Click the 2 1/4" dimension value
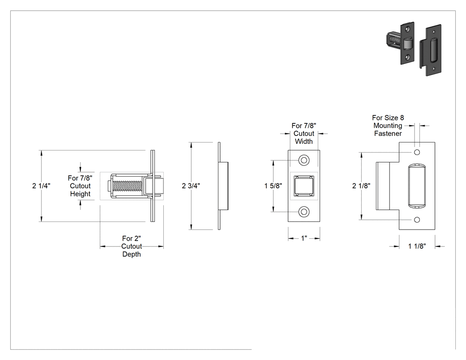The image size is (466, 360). pos(41,186)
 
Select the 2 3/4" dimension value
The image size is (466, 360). pos(191,186)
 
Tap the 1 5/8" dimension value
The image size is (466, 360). pos(273,186)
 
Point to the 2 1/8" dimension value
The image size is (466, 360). pos(361,186)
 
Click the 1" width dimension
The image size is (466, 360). pos(304,238)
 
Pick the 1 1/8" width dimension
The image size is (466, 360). pos(417,246)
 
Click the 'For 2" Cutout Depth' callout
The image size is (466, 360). pos(131,246)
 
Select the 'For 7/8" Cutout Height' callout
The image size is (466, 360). pos(80,186)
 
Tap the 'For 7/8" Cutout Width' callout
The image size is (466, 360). pos(304,134)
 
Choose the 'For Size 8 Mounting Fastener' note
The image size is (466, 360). pos(388,126)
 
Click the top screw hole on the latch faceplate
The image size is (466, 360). pos(304,160)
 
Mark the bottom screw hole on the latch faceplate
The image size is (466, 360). pos(304,212)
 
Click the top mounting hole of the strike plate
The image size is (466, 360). pos(417,152)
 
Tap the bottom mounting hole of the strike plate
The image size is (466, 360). pos(417,220)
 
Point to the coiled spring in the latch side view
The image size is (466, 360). pos(128,186)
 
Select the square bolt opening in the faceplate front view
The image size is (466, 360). pos(304,186)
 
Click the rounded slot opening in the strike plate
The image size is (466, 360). pos(417,186)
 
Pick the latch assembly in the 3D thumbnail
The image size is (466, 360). pos(400,43)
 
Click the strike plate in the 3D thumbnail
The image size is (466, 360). pos(430,50)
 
